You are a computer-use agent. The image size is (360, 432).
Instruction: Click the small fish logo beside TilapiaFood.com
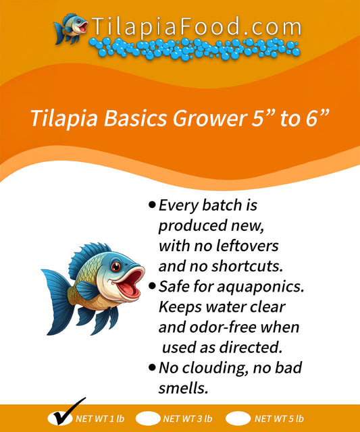point(72,28)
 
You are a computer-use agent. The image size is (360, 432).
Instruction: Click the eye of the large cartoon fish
point(115,267)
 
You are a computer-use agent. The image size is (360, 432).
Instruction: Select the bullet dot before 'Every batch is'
point(152,204)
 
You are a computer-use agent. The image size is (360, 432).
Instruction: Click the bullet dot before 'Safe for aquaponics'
point(152,286)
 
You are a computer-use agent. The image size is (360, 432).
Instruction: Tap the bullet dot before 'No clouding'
point(152,368)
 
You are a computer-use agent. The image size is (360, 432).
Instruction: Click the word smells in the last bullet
point(182,389)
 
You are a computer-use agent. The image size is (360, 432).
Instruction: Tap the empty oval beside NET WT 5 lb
point(238,418)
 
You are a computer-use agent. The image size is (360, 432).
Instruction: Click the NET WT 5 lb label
point(279,418)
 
